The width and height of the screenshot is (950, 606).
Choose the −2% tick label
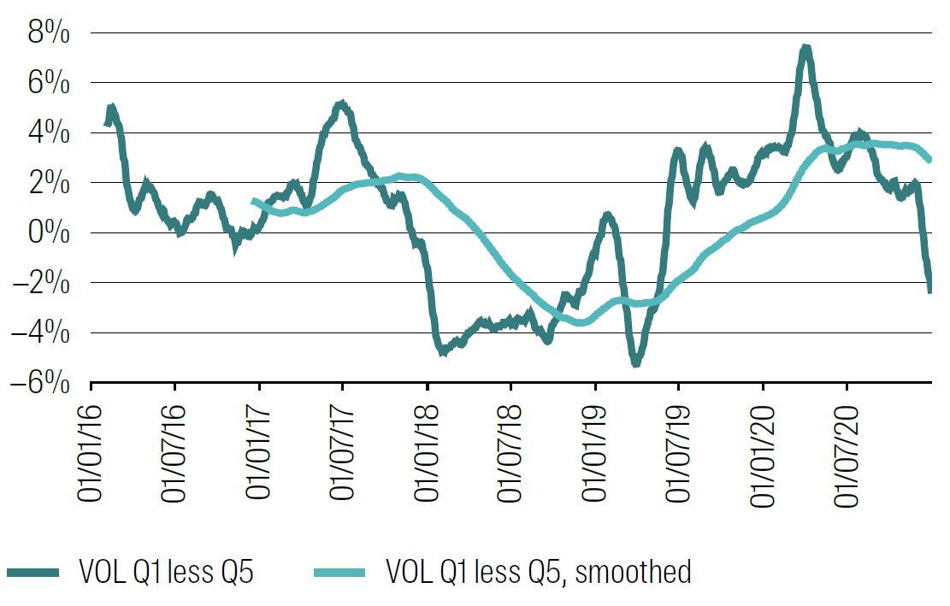pyautogui.click(x=43, y=283)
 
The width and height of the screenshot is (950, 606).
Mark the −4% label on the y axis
pyautogui.click(x=43, y=333)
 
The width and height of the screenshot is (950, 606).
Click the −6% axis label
pyautogui.click(x=43, y=383)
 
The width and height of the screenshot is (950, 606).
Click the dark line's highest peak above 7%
pyautogui.click(x=805, y=50)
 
